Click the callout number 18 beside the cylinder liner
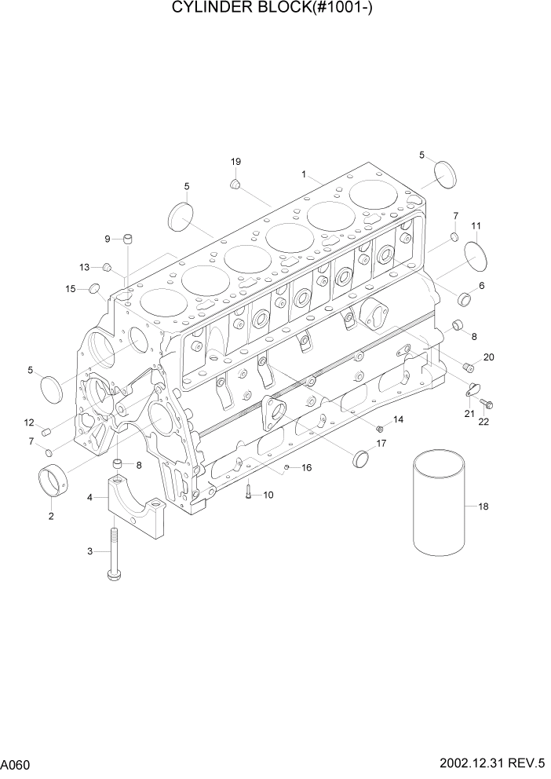(483, 507)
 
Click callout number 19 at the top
(235, 162)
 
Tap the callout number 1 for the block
(304, 174)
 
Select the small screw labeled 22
(486, 405)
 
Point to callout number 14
(398, 420)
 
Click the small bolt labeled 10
(249, 492)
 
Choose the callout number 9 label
(108, 239)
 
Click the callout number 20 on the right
(488, 357)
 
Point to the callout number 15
(71, 289)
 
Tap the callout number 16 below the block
(306, 467)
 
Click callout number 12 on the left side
(28, 422)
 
